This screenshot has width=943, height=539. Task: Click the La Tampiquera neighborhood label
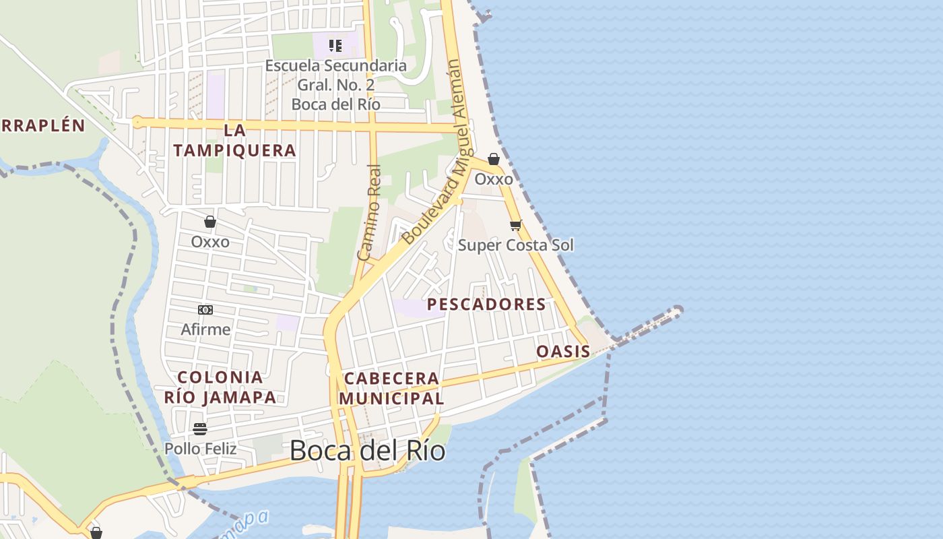[x=234, y=140]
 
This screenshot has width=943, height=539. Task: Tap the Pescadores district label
[x=486, y=305]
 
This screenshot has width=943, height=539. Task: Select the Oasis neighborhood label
[x=563, y=351]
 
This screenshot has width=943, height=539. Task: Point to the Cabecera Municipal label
[x=391, y=388]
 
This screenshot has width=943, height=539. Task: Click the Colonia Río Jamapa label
[x=220, y=387]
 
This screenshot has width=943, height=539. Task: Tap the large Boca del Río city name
[x=367, y=450]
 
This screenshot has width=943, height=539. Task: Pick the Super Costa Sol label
[x=516, y=245]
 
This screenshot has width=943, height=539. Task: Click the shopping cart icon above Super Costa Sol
[x=515, y=225]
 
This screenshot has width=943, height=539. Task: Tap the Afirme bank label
[x=205, y=329]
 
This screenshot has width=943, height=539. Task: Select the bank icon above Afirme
[x=205, y=310]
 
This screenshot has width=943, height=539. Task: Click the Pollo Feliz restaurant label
[x=200, y=448]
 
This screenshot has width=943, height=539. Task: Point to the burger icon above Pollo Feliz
[x=200, y=429]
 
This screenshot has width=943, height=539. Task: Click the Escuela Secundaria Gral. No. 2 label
[x=335, y=85]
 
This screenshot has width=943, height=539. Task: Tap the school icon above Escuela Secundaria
[x=335, y=46]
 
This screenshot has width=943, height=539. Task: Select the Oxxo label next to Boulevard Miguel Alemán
[x=494, y=179]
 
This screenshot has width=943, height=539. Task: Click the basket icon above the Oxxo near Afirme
[x=210, y=221]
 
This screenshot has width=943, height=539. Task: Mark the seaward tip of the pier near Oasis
[x=677, y=311]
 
